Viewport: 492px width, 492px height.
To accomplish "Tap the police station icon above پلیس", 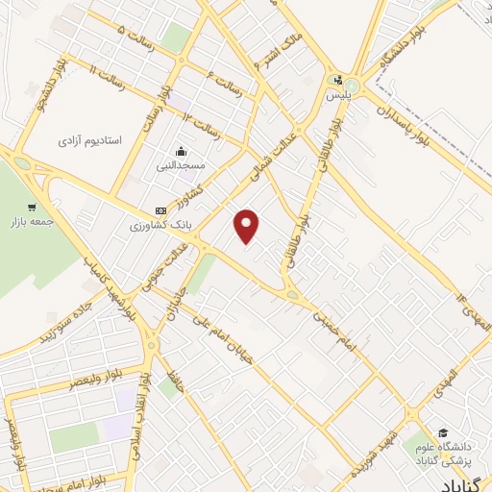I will click(336, 81).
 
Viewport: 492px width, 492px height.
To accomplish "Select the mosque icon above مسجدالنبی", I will click(181, 152).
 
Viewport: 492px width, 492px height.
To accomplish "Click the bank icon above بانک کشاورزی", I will click(160, 211).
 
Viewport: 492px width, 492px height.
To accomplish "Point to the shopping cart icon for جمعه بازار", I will click(32, 207).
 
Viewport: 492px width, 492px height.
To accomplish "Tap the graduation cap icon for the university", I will click(443, 432).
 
